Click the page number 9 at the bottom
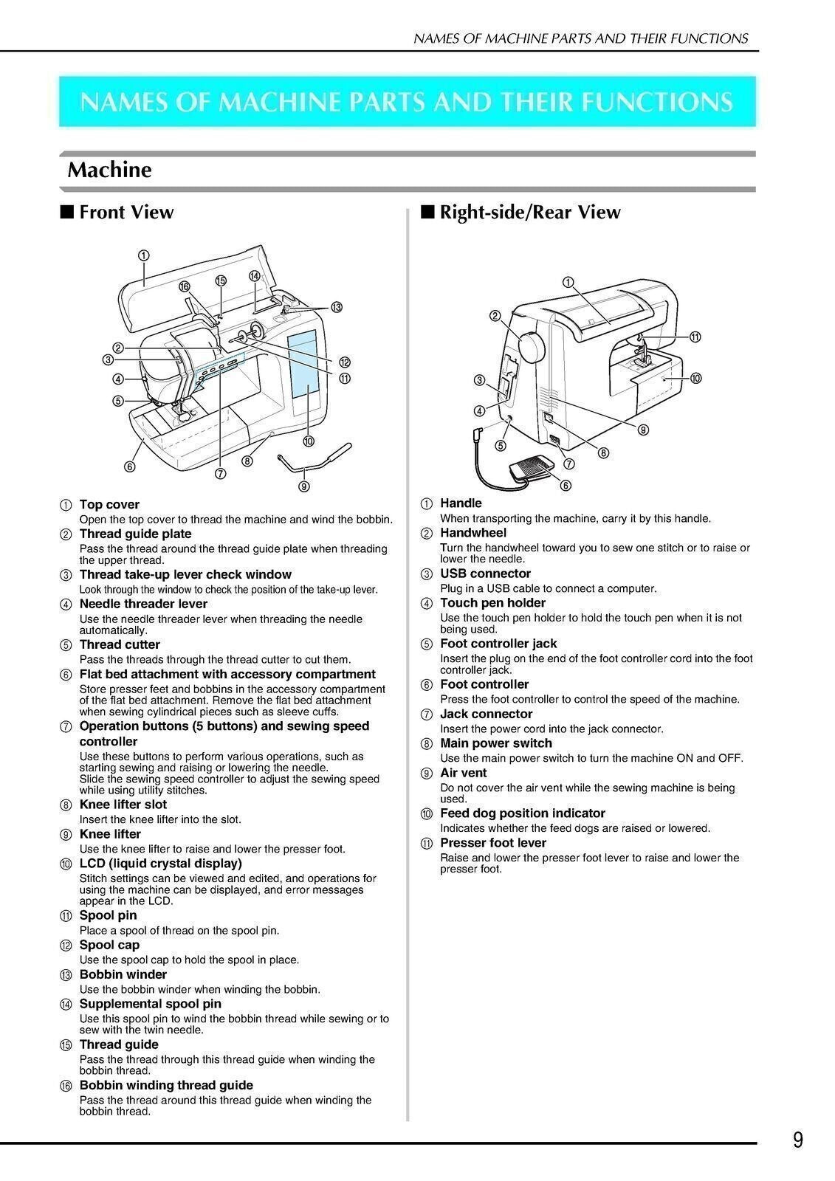point(798,1140)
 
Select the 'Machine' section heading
point(109,171)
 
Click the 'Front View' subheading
point(126,213)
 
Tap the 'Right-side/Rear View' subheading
point(529,213)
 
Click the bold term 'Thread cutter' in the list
point(120,644)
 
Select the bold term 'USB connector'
point(485,574)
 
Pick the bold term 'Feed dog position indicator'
point(522,813)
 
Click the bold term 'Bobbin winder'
point(123,974)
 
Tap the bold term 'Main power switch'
point(495,743)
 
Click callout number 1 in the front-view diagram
point(143,255)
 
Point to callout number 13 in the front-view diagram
point(337,307)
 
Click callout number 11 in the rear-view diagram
point(695,337)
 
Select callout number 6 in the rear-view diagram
point(566,485)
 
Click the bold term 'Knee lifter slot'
point(123,805)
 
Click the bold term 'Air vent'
point(463,773)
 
